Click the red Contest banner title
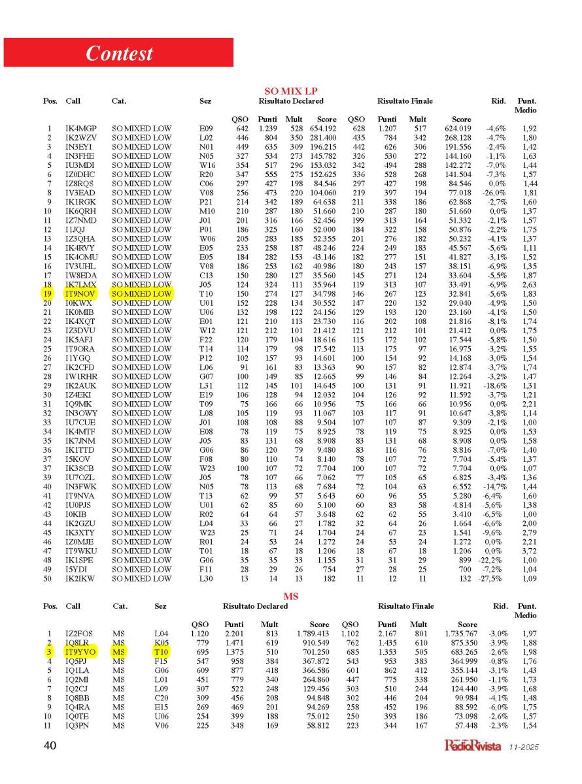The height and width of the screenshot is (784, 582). pos(119,53)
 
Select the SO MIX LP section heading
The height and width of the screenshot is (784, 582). pos(291,91)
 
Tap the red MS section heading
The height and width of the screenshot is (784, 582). pos(291,596)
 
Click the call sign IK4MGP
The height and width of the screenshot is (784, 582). pos(80,129)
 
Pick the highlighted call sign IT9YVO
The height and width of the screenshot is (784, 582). pos(80,651)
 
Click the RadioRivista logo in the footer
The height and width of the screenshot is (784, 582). pos(471,745)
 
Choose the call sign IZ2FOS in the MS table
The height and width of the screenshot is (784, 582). pos(79,633)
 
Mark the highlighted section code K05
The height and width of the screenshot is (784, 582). pos(161,642)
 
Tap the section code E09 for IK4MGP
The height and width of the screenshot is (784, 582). pos(206,129)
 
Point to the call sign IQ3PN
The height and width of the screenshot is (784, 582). pos(78,725)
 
